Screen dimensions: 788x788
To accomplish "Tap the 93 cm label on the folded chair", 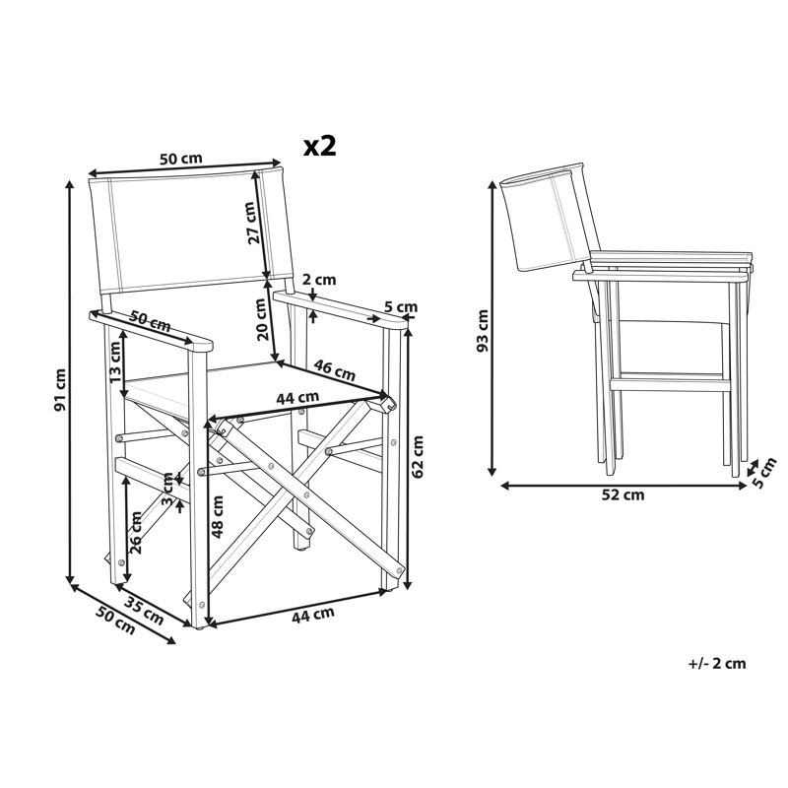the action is tap(482, 331).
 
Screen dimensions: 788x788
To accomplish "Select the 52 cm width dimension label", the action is tap(623, 495).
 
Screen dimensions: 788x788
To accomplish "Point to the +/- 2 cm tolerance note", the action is tap(717, 663).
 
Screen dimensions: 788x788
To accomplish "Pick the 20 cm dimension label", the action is tap(260, 319).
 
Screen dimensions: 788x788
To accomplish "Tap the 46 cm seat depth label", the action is tap(334, 370).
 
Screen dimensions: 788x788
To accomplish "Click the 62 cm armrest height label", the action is tap(417, 456).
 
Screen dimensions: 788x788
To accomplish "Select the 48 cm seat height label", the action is tap(218, 516).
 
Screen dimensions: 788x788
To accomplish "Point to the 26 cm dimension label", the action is tap(135, 532).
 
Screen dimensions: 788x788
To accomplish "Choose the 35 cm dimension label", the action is tap(144, 611).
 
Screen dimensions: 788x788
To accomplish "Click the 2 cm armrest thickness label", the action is tap(319, 280).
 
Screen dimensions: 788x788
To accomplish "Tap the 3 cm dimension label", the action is tap(167, 489).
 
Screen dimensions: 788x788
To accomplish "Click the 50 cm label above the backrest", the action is tap(181, 159).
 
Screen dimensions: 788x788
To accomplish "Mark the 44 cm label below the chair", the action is tap(313, 615).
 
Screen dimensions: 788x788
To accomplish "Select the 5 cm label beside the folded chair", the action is tap(762, 474).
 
